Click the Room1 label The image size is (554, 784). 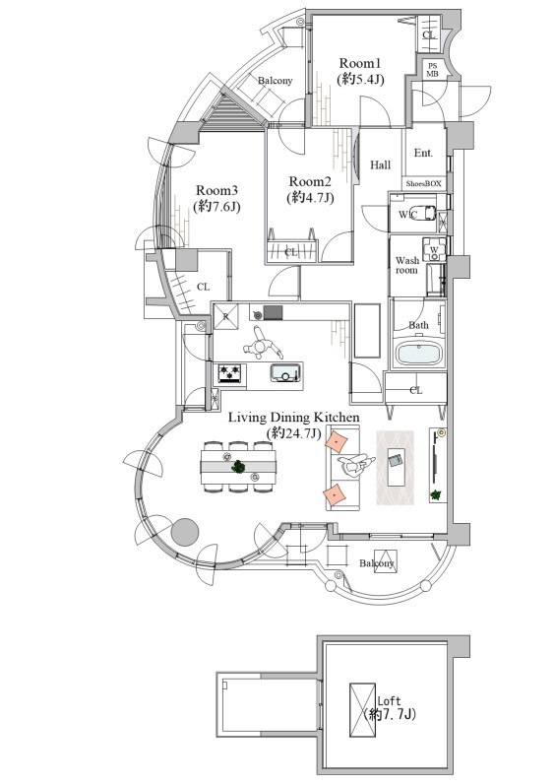(360, 63)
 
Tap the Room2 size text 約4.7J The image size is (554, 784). (310, 197)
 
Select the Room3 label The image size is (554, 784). (216, 190)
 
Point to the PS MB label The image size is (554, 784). (432, 70)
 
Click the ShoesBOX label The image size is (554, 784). (423, 183)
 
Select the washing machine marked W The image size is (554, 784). (433, 249)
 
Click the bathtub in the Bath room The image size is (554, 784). (418, 354)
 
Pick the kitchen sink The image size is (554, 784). (285, 372)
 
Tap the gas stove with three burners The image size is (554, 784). (230, 373)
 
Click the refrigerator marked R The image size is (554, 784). (225, 316)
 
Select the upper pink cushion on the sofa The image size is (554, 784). (337, 442)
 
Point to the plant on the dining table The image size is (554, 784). (239, 467)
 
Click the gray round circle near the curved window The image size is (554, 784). (185, 532)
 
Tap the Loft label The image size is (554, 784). (389, 700)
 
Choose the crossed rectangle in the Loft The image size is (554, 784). (363, 709)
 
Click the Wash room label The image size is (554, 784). (406, 265)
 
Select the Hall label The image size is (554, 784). (380, 165)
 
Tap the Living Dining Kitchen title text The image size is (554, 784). (294, 417)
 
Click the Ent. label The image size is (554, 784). (423, 153)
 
